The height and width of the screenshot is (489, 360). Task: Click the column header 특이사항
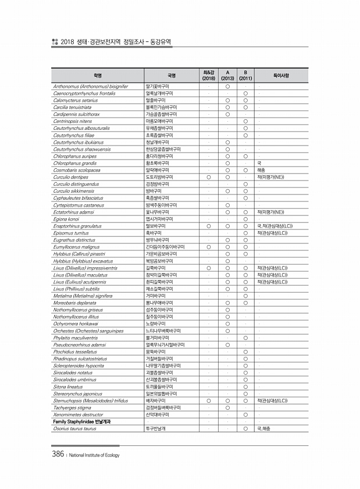[281, 75]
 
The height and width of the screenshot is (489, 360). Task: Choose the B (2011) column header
[246, 75]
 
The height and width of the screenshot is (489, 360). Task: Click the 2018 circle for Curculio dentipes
[209, 176]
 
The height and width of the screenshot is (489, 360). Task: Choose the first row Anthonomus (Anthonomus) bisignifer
[90, 86]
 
